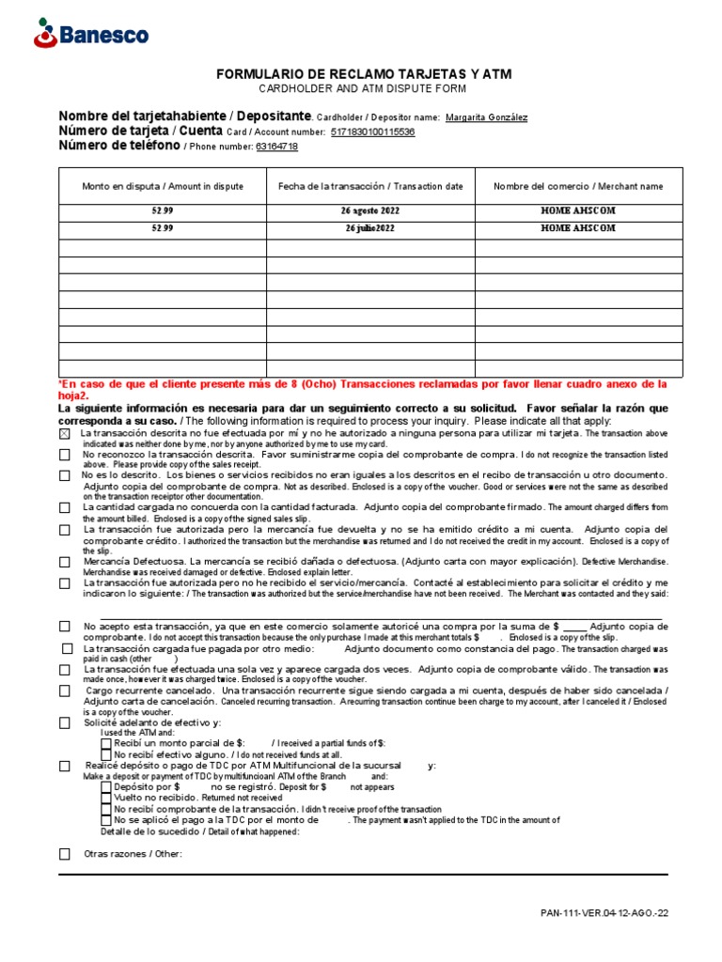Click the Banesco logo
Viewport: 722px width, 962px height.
pos(90,35)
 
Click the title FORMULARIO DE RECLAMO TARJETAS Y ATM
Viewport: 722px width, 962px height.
pos(365,73)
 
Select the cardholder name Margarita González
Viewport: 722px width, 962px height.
pos(486,117)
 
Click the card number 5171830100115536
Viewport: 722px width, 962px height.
pos(372,132)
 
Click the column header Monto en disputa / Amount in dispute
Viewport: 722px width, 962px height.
pos(163,186)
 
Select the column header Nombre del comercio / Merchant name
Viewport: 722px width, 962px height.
pos(578,186)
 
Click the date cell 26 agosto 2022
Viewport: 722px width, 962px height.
pos(370,212)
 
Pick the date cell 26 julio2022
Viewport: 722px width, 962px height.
pos(370,229)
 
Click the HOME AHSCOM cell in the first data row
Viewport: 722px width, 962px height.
pos(578,212)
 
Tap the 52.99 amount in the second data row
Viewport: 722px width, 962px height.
pos(163,229)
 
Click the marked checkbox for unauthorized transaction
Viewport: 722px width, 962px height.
pos(64,435)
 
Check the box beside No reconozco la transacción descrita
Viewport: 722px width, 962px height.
pos(64,455)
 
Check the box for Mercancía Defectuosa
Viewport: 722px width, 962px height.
pos(64,563)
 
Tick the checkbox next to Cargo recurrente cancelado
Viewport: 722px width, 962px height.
pos(64,690)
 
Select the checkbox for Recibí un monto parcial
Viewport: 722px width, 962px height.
pos(105,743)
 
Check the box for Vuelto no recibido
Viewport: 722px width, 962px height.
pos(105,797)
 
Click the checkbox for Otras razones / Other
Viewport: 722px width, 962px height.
pos(64,854)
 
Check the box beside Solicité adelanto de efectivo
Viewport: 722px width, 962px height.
pos(64,723)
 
